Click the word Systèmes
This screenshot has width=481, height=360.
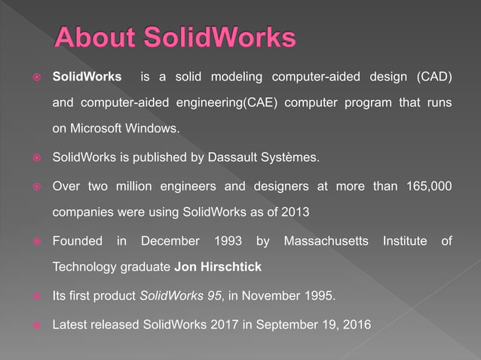tap(293, 158)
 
